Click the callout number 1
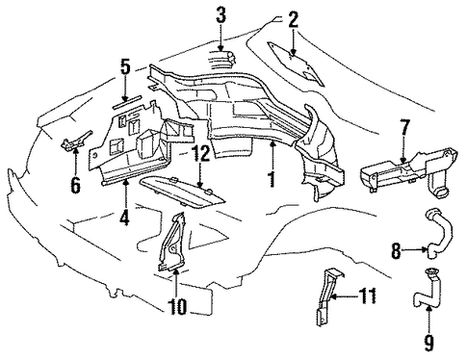tap(272, 179)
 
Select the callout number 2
tap(293, 19)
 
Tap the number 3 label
tap(221, 15)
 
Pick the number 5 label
tap(125, 67)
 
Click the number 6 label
tap(75, 185)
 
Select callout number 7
tap(404, 127)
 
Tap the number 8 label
tap(396, 250)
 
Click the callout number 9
tap(428, 342)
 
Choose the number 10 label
tap(176, 306)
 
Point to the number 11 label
tap(367, 296)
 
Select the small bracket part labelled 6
tap(76, 141)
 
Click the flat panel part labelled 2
tap(295, 63)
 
